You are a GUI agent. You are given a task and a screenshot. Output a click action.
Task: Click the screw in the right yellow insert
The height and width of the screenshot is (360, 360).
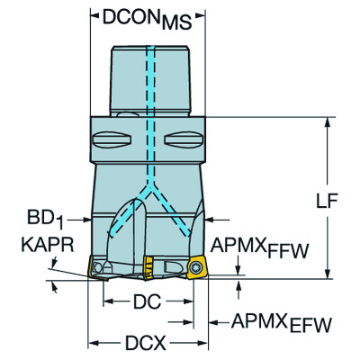(x=198, y=267)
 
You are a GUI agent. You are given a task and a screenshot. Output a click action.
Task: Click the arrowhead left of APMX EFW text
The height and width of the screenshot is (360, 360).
(x=214, y=321)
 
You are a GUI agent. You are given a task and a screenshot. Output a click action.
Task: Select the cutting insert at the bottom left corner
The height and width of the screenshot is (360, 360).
(x=97, y=267)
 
